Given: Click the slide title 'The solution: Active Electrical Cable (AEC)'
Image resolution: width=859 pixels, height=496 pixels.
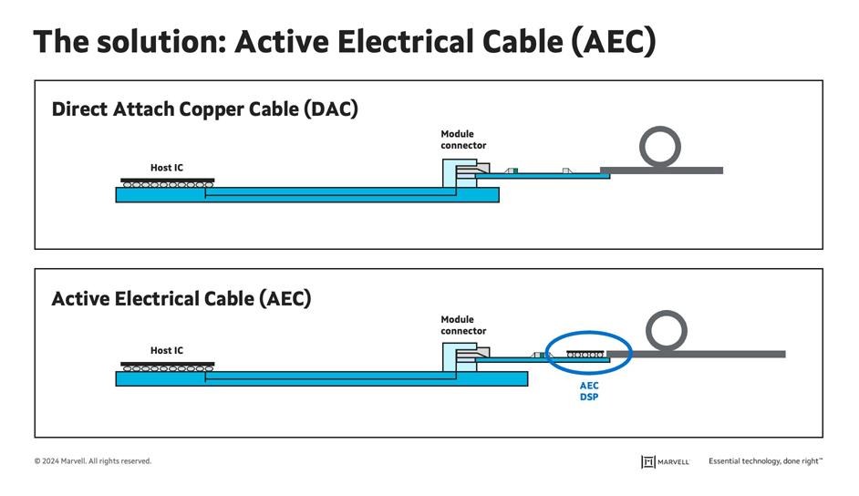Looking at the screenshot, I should point(344,42).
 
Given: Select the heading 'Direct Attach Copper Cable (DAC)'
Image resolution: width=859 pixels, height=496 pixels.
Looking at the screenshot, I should point(204,109).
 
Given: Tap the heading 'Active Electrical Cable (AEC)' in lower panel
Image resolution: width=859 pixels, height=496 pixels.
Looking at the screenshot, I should point(181,298).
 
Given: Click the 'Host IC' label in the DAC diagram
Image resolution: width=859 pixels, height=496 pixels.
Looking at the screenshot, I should point(167,168).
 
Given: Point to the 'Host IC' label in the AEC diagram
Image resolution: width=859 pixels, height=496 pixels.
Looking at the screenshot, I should point(167,350).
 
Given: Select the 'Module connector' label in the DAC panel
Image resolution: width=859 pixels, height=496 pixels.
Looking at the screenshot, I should point(463,139).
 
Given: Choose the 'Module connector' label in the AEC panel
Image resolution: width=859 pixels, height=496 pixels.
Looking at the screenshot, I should point(463,325).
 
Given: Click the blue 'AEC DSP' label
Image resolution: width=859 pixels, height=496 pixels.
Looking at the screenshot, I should point(589,391).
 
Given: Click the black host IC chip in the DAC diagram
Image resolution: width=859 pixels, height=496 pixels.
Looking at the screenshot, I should point(168,180).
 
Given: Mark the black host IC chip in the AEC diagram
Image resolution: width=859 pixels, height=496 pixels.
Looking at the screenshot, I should point(168,362).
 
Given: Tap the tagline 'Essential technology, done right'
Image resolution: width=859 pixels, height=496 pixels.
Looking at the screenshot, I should point(765,461).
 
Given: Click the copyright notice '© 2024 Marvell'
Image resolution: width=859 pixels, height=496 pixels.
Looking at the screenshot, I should point(93,461).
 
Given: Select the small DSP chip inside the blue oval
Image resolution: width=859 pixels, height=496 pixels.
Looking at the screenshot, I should point(585,353).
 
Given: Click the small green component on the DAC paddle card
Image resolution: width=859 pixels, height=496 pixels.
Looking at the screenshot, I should point(515,170).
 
